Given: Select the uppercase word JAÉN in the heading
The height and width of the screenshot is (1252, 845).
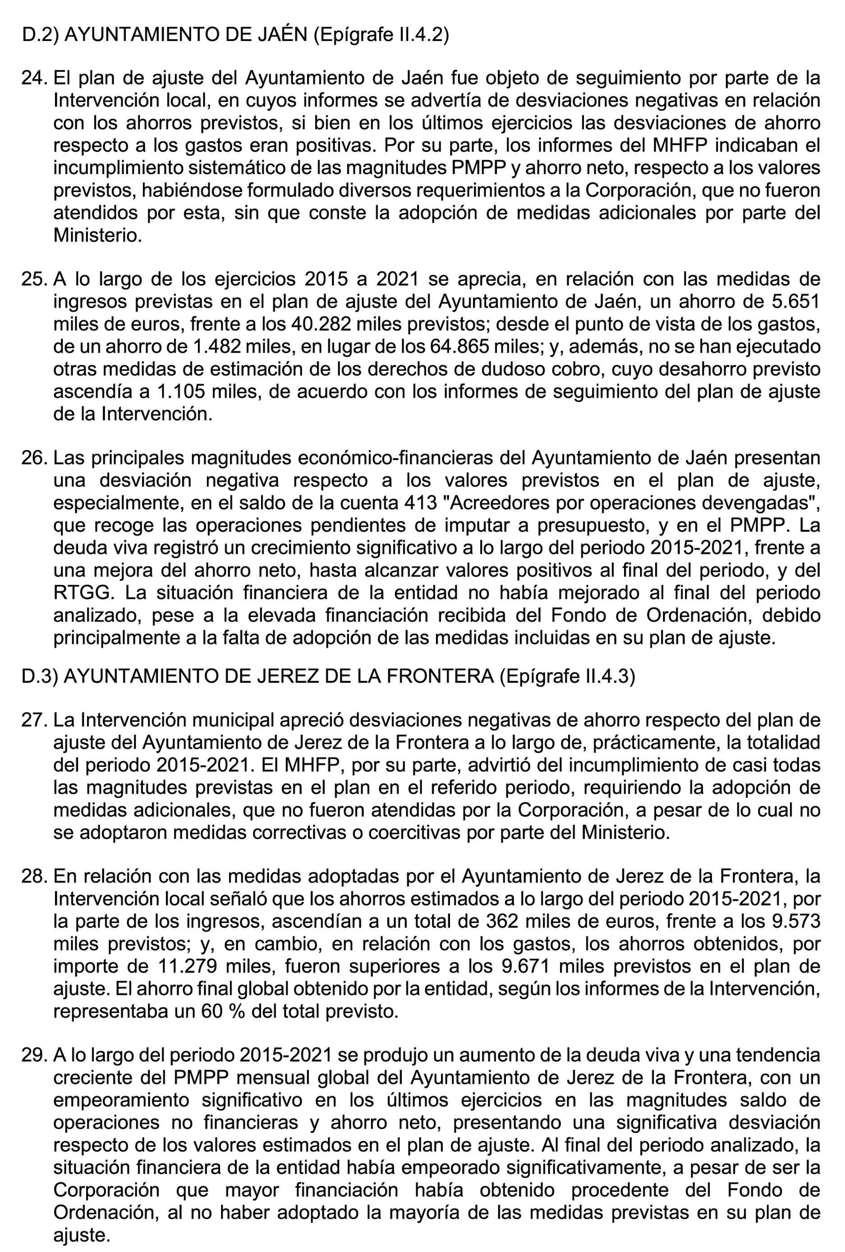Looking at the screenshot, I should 280,34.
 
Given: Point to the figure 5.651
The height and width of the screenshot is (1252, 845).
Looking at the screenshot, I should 795,302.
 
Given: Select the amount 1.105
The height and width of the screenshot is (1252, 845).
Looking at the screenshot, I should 180,391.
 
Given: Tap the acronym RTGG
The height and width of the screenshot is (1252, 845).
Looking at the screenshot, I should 84,593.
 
